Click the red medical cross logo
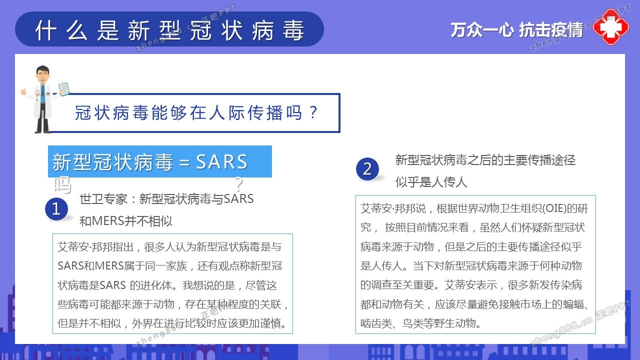click(611, 27)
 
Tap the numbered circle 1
click(56, 209)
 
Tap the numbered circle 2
click(367, 169)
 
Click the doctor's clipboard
click(63, 89)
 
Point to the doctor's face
click(42, 75)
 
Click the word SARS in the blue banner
click(221, 161)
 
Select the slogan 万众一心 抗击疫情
click(516, 29)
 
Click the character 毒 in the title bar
click(293, 30)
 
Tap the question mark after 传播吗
click(313, 112)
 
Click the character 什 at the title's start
click(46, 30)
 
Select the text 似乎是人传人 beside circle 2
click(431, 182)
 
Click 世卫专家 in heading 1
click(103, 199)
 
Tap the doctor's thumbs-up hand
click(23, 91)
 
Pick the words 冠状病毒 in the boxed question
click(111, 112)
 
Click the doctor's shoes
click(42, 131)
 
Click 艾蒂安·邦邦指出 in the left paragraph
click(95, 247)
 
